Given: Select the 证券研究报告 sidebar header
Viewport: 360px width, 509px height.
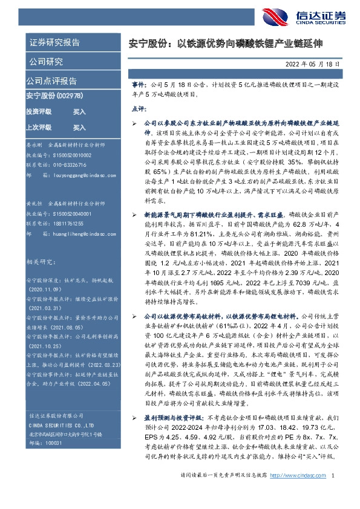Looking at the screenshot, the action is pos(54,42).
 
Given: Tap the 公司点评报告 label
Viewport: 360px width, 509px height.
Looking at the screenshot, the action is pos(51,80).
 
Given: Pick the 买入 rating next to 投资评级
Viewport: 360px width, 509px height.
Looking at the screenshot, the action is pos(79,112).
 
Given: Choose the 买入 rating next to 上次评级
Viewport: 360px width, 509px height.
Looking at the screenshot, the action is pos(79,128).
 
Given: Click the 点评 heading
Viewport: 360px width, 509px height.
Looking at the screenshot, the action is pos(138,109).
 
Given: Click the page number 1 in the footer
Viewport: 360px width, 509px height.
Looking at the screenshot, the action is pos(333,493).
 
